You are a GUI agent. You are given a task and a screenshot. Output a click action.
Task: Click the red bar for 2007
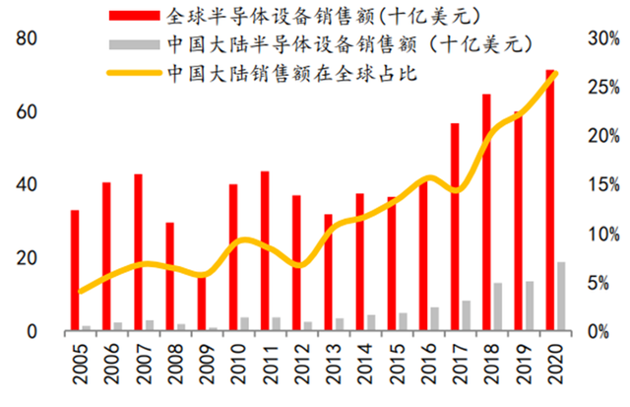coord(138,252)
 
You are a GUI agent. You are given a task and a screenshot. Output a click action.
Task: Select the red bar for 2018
coord(486,212)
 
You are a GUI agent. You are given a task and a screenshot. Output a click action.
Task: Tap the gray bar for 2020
coord(561,297)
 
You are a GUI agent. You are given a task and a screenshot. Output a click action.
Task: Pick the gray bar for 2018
coord(498,306)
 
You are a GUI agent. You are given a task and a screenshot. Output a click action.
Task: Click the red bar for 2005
coord(75,270)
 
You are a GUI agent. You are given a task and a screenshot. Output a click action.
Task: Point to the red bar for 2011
coord(265,251)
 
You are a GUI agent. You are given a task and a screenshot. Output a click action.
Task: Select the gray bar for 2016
coord(434,319)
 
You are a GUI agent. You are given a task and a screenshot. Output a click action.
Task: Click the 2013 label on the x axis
coord(334,364)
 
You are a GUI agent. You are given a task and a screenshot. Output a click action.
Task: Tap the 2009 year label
coord(207,364)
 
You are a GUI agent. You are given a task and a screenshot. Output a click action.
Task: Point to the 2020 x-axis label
coord(555,364)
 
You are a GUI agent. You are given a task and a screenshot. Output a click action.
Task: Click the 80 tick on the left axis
coord(27,38)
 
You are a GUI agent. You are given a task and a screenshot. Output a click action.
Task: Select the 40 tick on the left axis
coord(27,185)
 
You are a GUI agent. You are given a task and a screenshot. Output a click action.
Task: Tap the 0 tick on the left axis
coord(31,332)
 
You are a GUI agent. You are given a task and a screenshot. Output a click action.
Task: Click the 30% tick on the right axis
coord(603,38)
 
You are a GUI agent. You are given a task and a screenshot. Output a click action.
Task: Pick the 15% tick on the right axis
coord(603,185)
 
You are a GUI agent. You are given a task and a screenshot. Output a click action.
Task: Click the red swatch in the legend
coord(134,16)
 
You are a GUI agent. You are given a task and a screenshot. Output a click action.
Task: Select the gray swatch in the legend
coord(134,44)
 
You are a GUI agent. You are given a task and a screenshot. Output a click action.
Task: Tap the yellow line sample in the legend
coord(134,73)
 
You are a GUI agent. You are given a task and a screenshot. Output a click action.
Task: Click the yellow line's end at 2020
coord(555,73)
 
